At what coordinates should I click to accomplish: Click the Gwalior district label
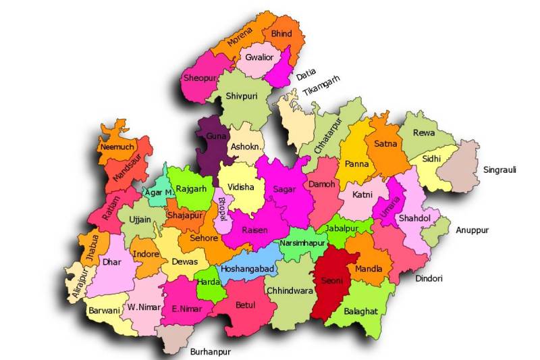coord(260,57)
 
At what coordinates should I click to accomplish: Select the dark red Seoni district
coord(333,279)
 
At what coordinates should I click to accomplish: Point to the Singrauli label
coord(500,170)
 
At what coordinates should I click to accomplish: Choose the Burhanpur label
coord(210,352)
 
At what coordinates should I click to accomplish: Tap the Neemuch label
coord(116,147)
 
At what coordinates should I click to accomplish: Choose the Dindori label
coord(429,277)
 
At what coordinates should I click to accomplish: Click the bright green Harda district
coord(208,282)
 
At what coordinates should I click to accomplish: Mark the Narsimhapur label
coord(302,242)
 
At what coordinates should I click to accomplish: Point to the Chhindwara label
coord(290,291)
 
